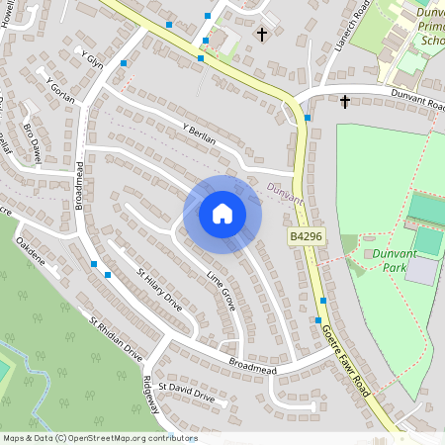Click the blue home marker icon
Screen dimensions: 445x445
[x=222, y=214]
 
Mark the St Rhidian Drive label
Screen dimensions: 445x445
[x=116, y=338]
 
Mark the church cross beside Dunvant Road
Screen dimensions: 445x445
[x=345, y=101]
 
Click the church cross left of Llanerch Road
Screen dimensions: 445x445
[x=262, y=35]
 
